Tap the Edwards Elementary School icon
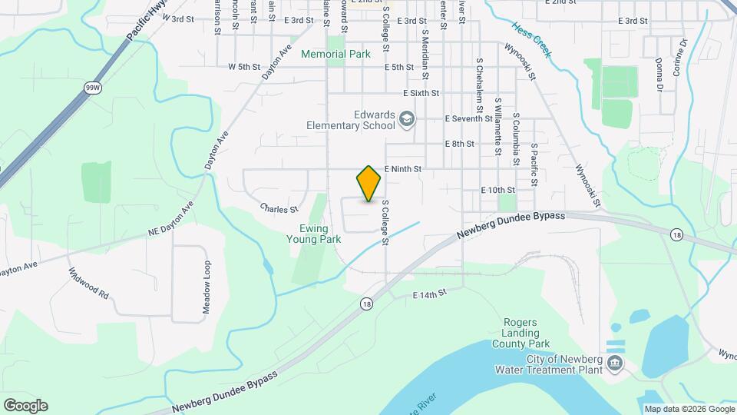(407, 118)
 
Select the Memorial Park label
(335, 54)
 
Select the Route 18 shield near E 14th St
(368, 304)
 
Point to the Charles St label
(279, 208)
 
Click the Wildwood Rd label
(89, 284)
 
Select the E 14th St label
(429, 295)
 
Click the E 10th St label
(497, 189)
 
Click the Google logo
(25, 405)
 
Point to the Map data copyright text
(688, 409)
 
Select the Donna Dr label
(659, 75)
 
